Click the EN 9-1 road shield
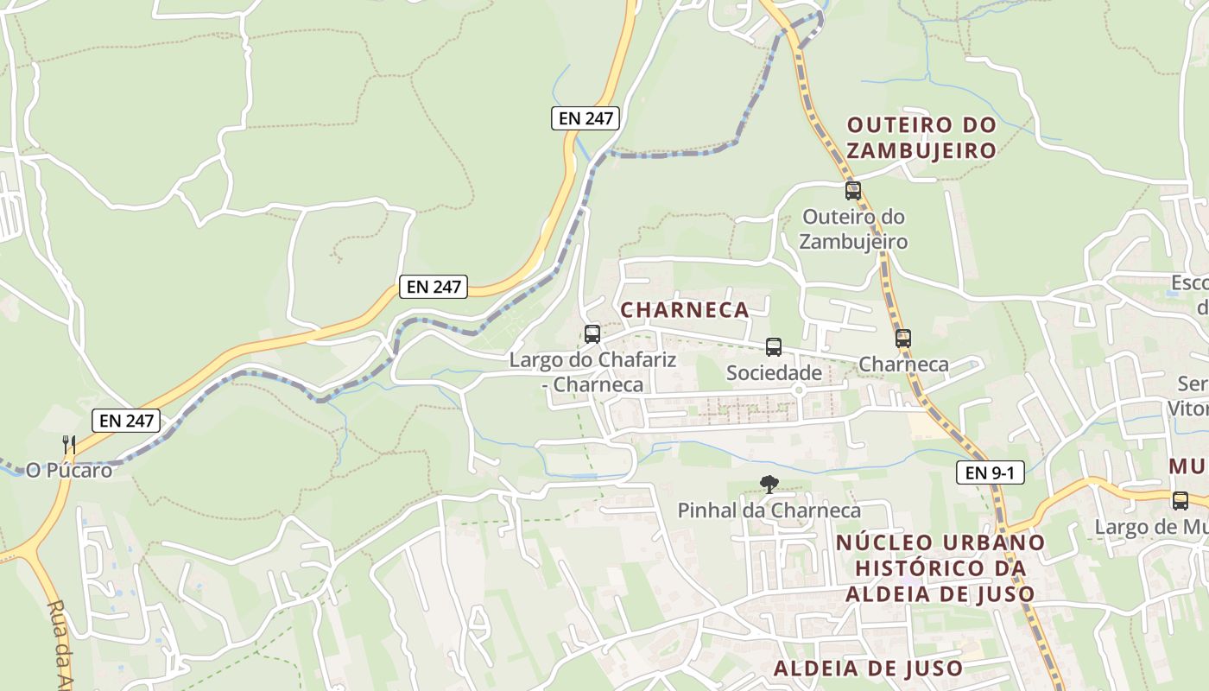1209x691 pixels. pos(990,472)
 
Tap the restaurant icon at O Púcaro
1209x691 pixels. pos(69,445)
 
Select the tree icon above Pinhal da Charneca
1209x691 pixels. pos(768,485)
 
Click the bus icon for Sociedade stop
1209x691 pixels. pos(773,347)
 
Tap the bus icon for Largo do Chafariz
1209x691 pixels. pos(592,334)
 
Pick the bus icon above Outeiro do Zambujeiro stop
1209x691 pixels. pos(852,191)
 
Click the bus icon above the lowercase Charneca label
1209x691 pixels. pos(902,339)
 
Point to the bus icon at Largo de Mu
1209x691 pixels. pos(1180,500)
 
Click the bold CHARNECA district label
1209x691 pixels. pos(684,310)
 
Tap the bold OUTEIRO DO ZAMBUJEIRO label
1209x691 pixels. pos(921,137)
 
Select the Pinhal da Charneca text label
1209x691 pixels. pos(769,510)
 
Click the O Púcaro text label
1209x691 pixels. pos(69,471)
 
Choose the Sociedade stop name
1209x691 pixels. pos(774,373)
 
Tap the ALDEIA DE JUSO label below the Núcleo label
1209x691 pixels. pos(868,668)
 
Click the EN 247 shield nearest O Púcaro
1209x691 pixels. pos(126,421)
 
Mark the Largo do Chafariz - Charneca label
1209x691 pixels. pos(592,371)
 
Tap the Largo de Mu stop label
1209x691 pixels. pos(1152,527)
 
